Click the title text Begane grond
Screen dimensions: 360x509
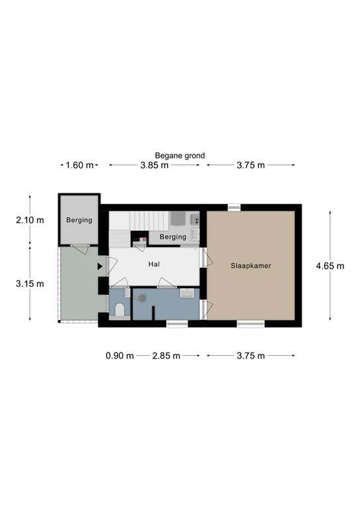180,156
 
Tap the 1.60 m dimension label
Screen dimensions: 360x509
80,165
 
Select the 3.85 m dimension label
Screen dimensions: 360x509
154,165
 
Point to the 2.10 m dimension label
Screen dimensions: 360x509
30,220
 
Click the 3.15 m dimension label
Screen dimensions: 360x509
30,284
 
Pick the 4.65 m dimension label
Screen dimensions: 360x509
330,266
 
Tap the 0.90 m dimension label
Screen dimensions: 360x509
120,356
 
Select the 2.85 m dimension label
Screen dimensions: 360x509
166,356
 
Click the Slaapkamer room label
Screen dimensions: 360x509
251,266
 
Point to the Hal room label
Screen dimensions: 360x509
154,264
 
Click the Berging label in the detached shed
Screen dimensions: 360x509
79,220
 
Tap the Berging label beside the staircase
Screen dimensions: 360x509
173,237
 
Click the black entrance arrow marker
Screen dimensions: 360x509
100,266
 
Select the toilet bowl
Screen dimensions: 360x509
120,310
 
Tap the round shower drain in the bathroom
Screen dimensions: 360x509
142,298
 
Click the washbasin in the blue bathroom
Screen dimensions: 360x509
188,293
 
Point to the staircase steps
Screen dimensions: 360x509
150,221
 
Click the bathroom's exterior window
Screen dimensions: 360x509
177,323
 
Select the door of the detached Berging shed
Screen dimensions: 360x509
80,249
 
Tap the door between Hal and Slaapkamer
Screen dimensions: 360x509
206,258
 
